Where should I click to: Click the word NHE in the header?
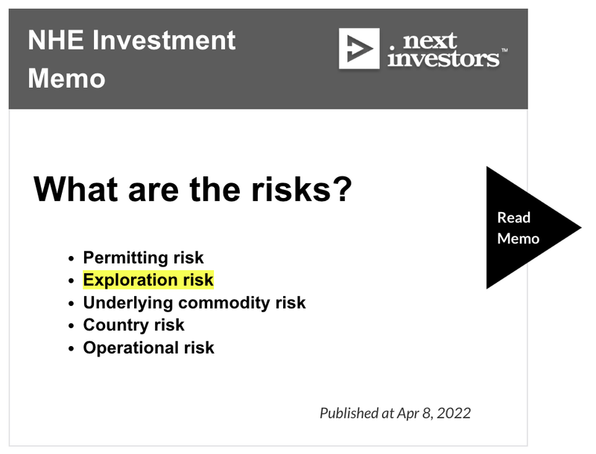tap(56, 40)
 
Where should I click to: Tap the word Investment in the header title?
tap(164, 40)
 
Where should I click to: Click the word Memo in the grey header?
tap(66, 79)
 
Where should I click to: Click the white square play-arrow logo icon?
tap(359, 48)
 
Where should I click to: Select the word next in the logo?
tap(430, 40)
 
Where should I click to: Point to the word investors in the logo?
tap(443, 59)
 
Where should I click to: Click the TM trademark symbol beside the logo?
tap(504, 50)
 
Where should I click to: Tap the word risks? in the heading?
tap(302, 189)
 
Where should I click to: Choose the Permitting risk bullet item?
tap(143, 258)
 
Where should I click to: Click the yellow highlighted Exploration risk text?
tap(148, 280)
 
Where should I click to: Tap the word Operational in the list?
tap(130, 348)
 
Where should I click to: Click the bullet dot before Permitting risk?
tap(71, 259)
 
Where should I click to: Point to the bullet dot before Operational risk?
tap(71, 349)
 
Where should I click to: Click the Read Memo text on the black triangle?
tap(518, 228)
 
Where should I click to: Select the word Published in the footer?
tap(349, 413)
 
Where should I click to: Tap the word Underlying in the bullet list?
tap(128, 303)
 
